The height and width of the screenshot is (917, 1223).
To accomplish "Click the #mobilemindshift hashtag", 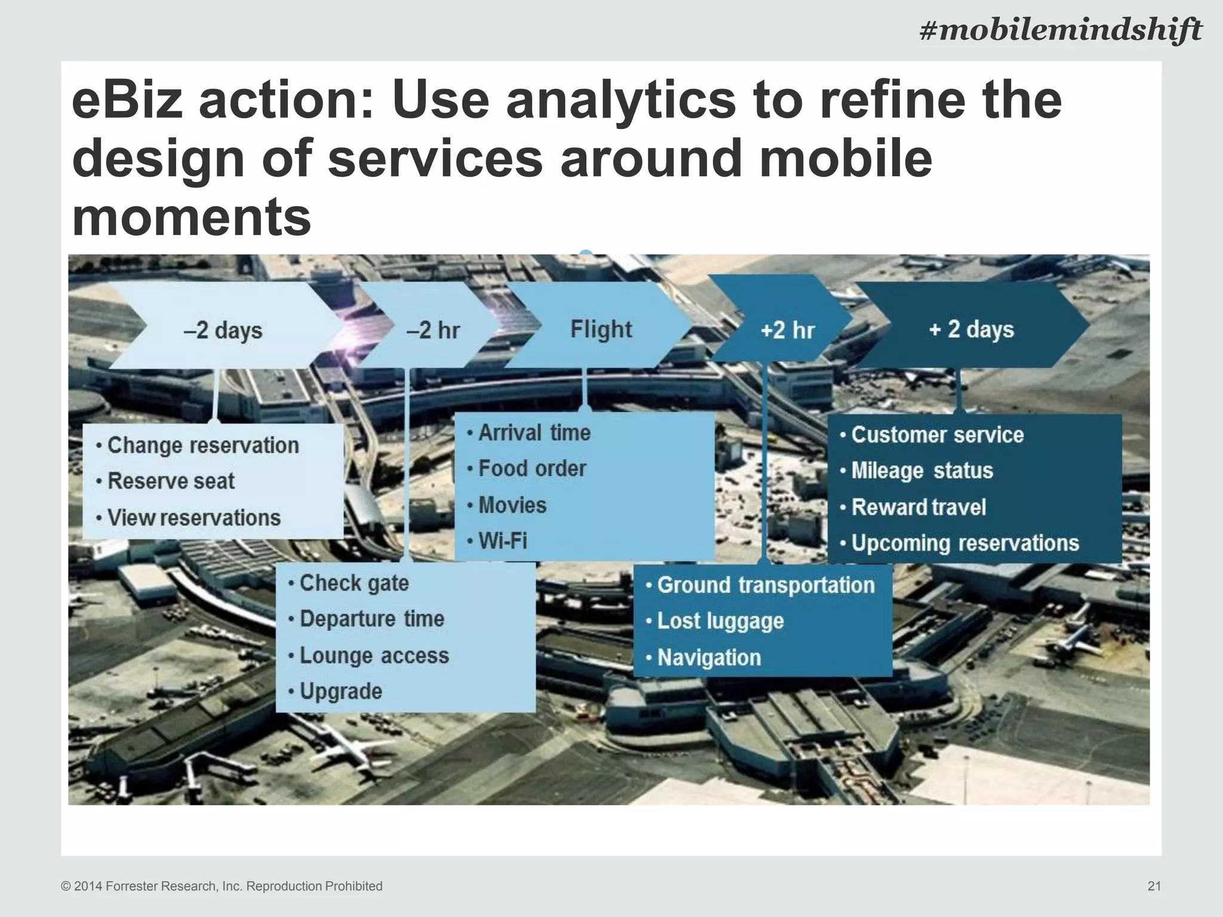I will coord(1060,30).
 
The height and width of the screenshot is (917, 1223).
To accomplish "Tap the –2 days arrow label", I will coord(223,330).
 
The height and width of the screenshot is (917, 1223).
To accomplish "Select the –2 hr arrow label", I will coord(433,330).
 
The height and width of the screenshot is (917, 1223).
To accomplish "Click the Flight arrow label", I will coord(601,330).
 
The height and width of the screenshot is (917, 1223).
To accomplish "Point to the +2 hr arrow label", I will coord(787,330).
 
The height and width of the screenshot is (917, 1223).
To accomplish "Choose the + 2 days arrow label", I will coord(971,330).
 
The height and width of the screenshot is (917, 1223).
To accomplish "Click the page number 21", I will coord(1154,886).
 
